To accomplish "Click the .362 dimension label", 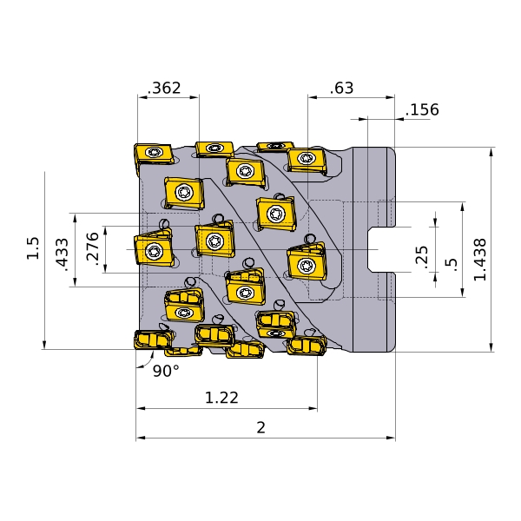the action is (164, 88).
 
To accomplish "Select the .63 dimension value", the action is (341, 89).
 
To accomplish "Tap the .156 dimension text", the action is (422, 109).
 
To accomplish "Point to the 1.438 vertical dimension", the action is (480, 260).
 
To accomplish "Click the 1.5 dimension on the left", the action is (33, 247).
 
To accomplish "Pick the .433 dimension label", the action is (63, 254).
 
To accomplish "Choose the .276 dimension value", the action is (92, 249).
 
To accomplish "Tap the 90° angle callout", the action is (166, 371).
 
